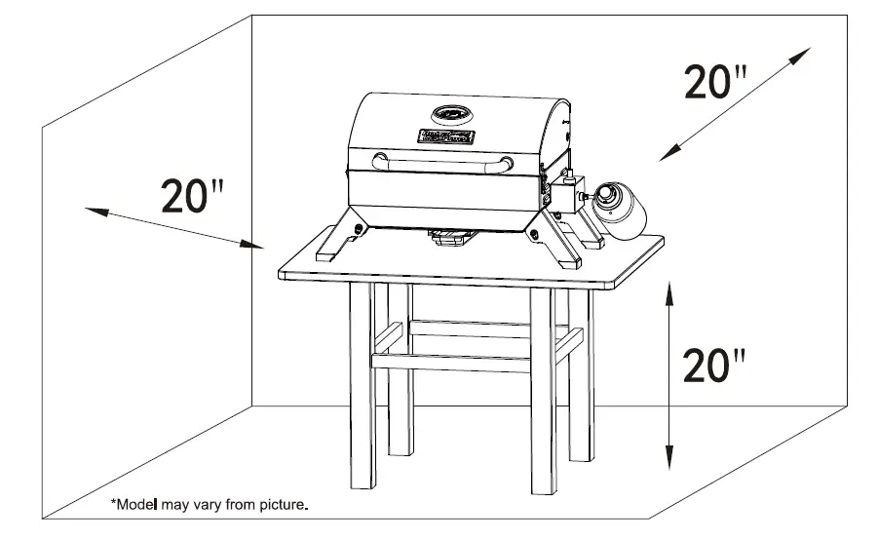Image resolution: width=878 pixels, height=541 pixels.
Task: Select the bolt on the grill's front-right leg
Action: pos(534,231)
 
